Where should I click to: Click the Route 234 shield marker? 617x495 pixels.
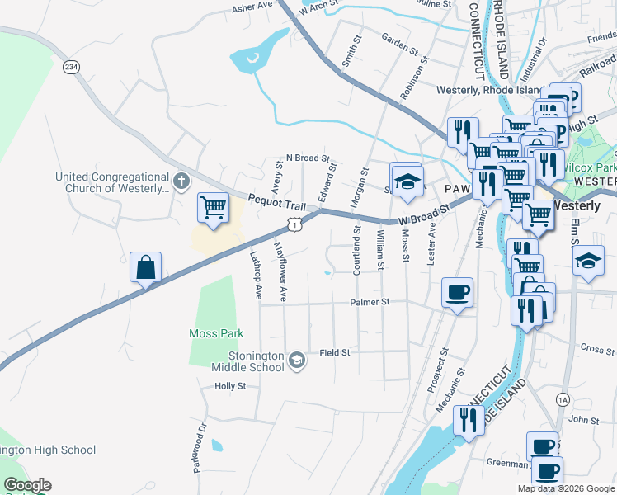[73, 67]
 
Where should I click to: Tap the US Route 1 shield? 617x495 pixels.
[293, 224]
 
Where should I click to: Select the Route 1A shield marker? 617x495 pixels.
[563, 399]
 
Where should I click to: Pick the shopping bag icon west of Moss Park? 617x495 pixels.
[145, 267]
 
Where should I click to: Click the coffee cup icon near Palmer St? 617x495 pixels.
[457, 292]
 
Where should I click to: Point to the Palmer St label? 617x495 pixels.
[368, 303]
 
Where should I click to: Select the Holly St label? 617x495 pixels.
[230, 386]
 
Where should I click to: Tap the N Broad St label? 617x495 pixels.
[307, 157]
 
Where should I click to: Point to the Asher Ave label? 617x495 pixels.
[252, 6]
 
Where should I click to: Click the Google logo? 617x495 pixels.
[27, 485]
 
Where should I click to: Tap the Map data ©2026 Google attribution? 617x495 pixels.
[565, 488]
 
